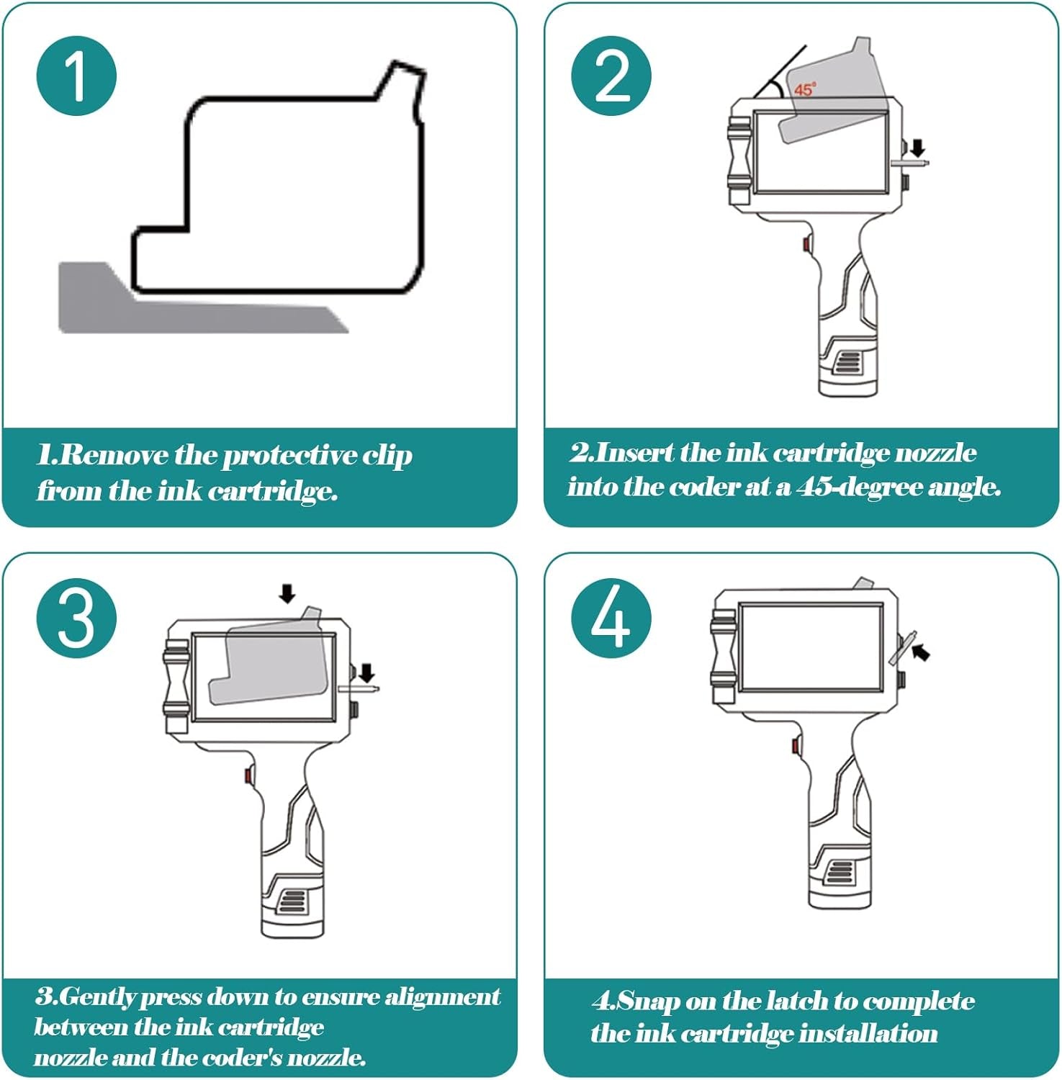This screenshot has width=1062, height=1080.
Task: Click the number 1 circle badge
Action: click(x=76, y=76)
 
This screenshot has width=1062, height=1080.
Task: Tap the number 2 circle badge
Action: click(x=611, y=76)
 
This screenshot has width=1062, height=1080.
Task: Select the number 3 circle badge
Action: click(x=76, y=618)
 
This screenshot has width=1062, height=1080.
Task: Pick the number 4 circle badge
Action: click(x=611, y=618)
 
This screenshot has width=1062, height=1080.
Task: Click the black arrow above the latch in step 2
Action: click(x=917, y=148)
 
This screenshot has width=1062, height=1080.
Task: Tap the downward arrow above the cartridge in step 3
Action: click(x=287, y=593)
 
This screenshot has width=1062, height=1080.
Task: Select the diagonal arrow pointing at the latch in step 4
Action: click(x=920, y=652)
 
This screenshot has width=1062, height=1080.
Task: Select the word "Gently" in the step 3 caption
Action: click(x=98, y=997)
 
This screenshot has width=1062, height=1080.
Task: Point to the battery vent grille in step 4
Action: click(x=836, y=873)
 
